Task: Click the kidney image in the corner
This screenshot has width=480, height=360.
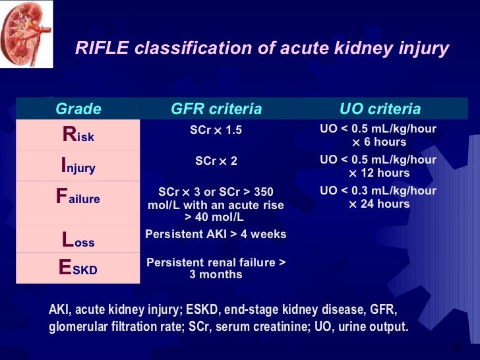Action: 17,33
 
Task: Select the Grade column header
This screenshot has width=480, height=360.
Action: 78,109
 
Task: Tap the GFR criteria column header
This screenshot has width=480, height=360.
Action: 216,109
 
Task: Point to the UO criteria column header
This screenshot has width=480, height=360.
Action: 380,109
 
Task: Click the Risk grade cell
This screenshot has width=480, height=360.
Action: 78,135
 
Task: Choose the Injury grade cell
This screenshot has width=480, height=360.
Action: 78,165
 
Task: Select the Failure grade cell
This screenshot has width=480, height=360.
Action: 78,196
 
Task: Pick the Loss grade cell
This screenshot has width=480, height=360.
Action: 78,239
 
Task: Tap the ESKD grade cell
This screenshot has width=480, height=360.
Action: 78,268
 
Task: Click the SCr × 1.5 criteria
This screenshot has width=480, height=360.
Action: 216,131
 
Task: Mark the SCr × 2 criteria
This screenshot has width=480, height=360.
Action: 216,161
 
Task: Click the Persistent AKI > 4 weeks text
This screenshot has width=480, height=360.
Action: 216,234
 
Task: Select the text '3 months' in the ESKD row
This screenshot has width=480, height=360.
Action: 216,274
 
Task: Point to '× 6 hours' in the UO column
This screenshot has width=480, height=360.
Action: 378,142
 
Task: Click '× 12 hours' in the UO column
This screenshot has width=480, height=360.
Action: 378,173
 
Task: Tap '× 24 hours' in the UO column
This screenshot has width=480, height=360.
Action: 378,204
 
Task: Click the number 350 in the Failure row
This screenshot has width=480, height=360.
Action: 262,193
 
